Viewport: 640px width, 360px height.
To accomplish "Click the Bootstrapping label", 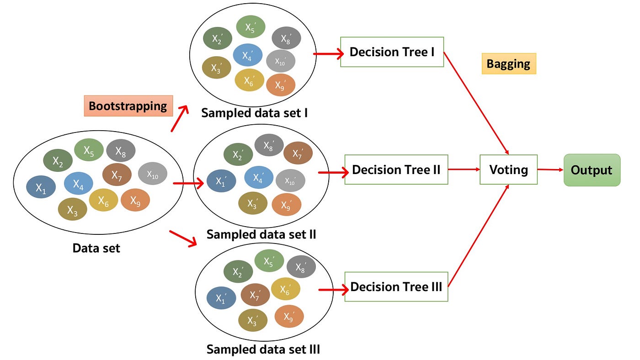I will pyautogui.click(x=128, y=106).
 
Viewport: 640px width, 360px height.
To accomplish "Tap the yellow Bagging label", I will pyautogui.click(x=508, y=64).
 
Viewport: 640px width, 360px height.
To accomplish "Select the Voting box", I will pyautogui.click(x=508, y=170).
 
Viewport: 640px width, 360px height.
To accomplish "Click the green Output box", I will pyautogui.click(x=592, y=170).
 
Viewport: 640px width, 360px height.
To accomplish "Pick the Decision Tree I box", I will pyautogui.click(x=392, y=52).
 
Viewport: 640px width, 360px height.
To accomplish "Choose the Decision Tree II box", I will pyautogui.click(x=396, y=169).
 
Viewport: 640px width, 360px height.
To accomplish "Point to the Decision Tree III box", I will pyautogui.click(x=396, y=287).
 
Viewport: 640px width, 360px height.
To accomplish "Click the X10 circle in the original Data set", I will pyautogui.click(x=152, y=174).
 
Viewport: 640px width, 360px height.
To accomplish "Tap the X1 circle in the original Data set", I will pyautogui.click(x=41, y=187).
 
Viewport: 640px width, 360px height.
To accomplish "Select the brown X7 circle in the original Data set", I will pyautogui.click(x=117, y=175).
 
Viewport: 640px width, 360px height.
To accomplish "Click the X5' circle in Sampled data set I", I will pyautogui.click(x=251, y=26).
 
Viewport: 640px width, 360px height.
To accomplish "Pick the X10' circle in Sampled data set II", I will pyautogui.click(x=290, y=180).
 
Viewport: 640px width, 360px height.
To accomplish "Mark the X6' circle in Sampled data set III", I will pyautogui.click(x=285, y=289).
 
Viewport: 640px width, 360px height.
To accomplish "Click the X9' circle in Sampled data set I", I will pyautogui.click(x=281, y=85).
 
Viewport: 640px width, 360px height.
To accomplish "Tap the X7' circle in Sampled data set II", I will pyautogui.click(x=298, y=153).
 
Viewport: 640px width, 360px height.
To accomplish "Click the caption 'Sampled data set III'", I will pyautogui.click(x=263, y=350).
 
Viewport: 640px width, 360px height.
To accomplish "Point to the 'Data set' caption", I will pyautogui.click(x=96, y=248).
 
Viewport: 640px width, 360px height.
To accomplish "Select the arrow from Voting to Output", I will pyautogui.click(x=550, y=169).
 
